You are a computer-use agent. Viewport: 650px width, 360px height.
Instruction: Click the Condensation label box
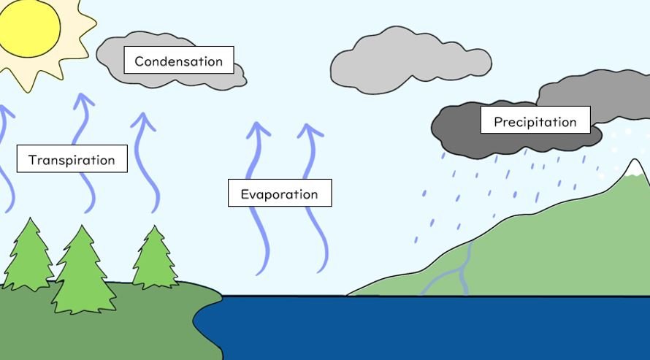tap(178, 61)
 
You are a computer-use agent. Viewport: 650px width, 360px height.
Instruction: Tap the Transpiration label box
tap(72, 159)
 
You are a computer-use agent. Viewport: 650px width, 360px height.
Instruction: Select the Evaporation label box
tap(279, 194)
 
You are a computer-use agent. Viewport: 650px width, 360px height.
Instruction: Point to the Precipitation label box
tap(535, 121)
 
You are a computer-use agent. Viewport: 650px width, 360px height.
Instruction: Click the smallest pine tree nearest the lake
tap(154, 259)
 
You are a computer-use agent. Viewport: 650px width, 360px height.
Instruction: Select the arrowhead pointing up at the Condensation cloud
tap(143, 120)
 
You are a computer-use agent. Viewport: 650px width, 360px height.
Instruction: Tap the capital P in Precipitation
tap(498, 122)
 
